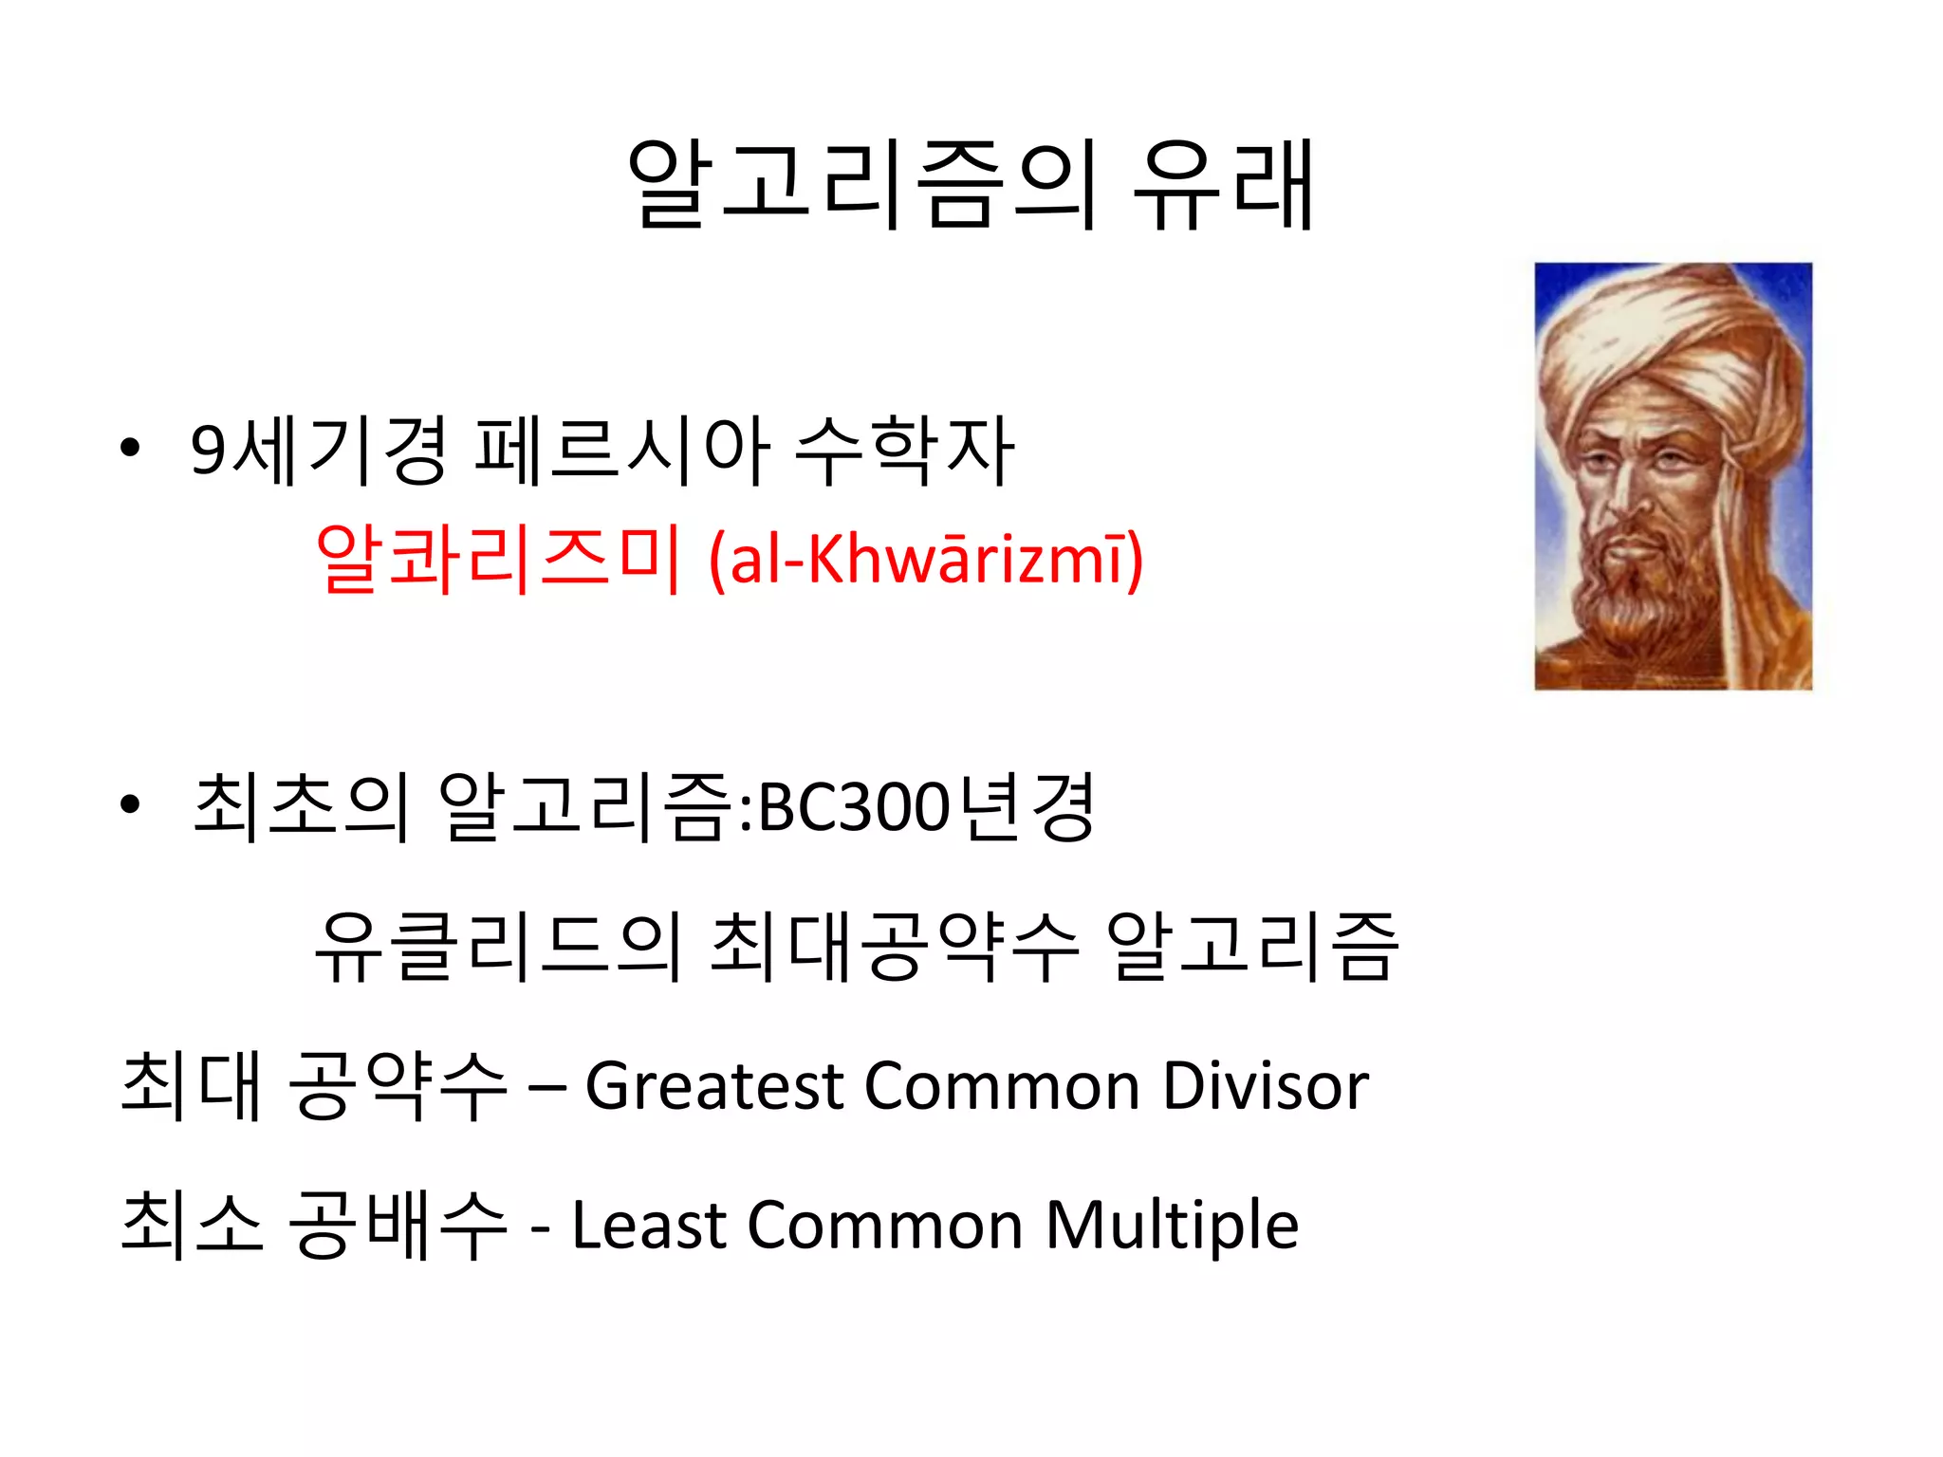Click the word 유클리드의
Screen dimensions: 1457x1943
(497, 946)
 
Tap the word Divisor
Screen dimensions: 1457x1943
(1266, 1085)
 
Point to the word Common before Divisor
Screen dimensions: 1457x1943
(1002, 1085)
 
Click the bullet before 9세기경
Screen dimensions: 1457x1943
(130, 448)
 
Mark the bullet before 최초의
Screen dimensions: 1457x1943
(130, 805)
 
